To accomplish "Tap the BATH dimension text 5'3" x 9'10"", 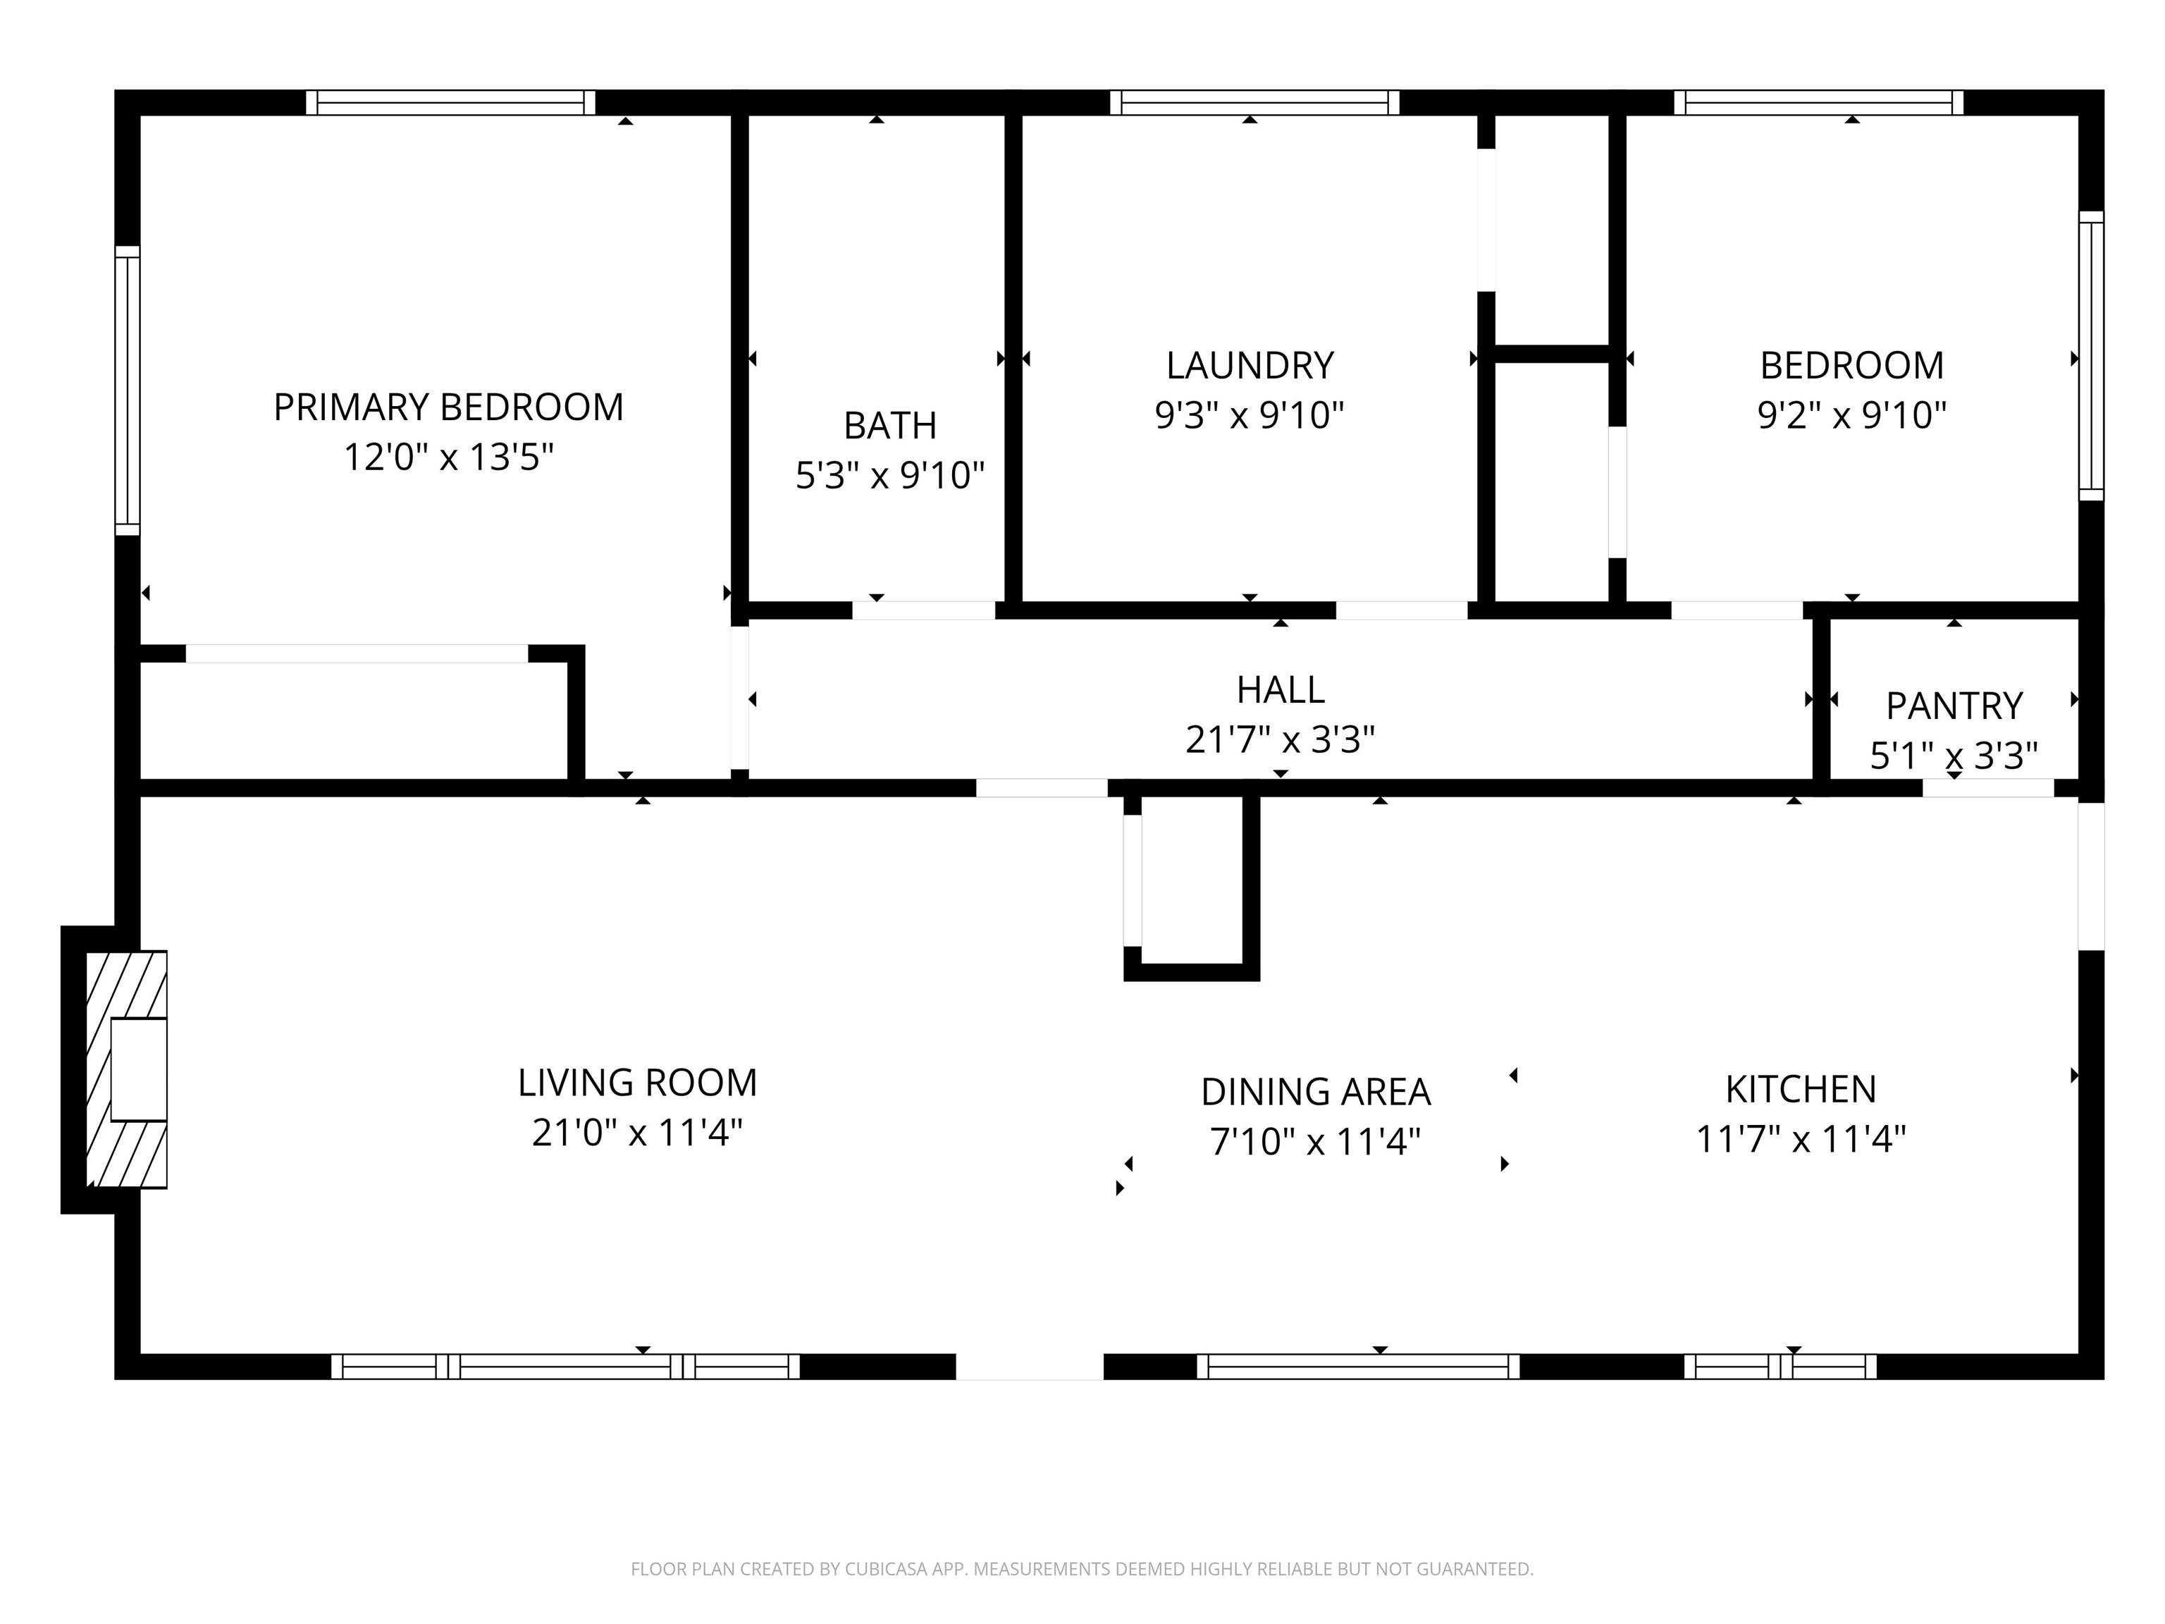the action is (x=889, y=476).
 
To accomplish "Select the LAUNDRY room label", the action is (x=1250, y=366).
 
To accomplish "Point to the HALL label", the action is (x=1281, y=690).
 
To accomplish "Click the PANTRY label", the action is (x=1954, y=706).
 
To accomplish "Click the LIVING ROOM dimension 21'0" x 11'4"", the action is (x=637, y=1133).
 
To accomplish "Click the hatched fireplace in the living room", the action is (x=126, y=1069).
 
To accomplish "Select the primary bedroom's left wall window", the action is (x=128, y=390).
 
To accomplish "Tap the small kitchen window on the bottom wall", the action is (x=1780, y=1367).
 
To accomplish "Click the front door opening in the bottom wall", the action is (x=1030, y=1367).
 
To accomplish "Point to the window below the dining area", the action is (x=1359, y=1367).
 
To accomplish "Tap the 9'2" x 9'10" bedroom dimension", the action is (x=1852, y=416).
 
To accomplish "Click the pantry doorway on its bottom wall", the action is (x=1988, y=788).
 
